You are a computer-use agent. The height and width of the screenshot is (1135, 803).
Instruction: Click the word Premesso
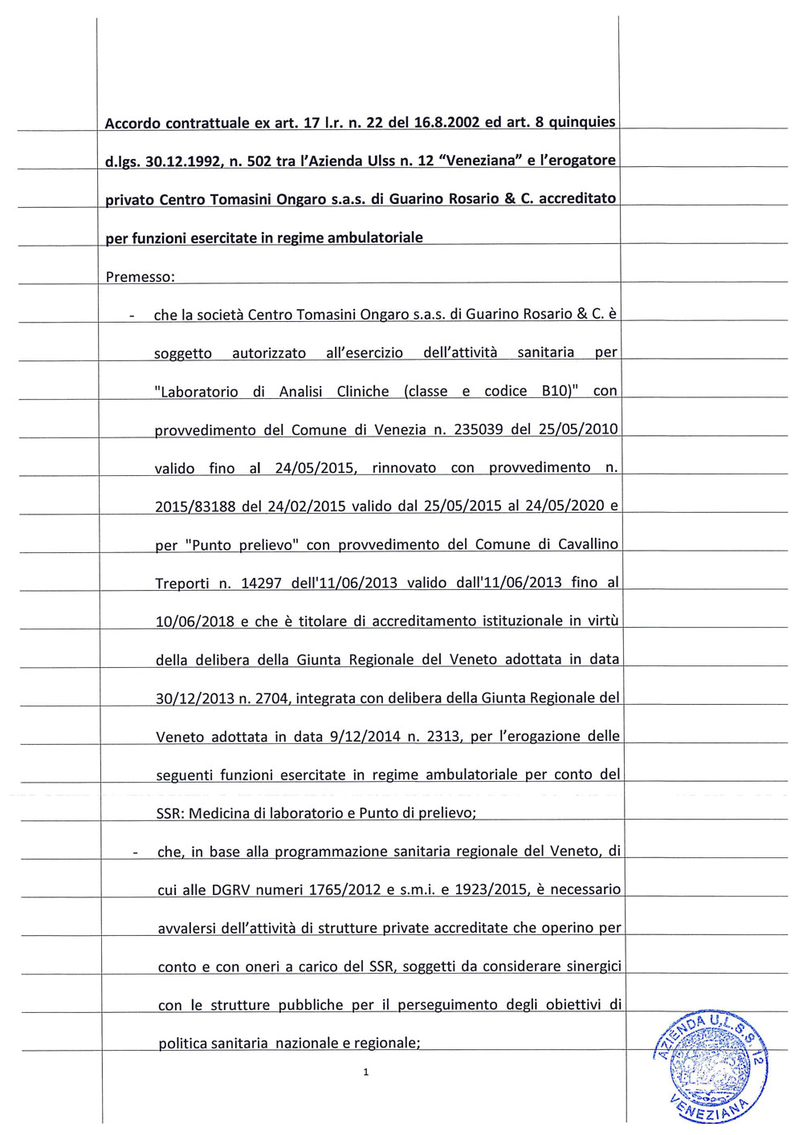[139, 277]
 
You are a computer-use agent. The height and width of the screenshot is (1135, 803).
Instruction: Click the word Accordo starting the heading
[132, 124]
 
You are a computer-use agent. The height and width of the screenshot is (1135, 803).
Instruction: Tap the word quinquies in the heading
[581, 123]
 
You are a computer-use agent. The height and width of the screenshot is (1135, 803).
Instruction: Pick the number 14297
[261, 583]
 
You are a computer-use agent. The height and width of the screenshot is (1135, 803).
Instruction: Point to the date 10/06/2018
[195, 621]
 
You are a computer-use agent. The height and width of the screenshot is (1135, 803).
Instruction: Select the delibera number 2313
[443, 736]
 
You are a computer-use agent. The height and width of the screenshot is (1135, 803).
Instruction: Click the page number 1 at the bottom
[366, 1072]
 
